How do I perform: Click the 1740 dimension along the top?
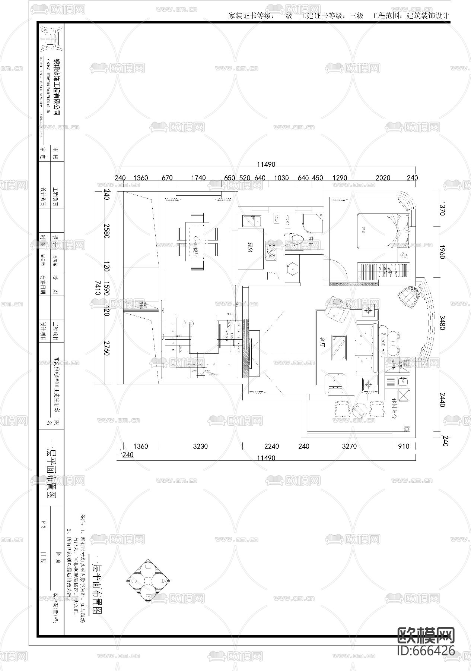[x=198, y=178]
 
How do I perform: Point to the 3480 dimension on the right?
[x=442, y=323]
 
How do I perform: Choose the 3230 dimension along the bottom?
[x=200, y=446]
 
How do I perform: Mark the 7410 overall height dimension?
[x=98, y=287]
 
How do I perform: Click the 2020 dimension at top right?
[x=383, y=178]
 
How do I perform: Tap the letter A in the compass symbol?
[x=162, y=581]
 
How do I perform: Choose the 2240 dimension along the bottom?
[x=271, y=446]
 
